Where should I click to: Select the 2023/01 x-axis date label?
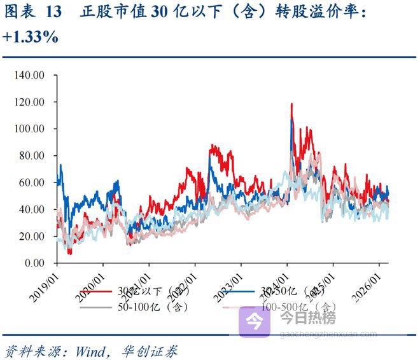coord(228,282)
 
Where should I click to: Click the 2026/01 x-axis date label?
coord(367,282)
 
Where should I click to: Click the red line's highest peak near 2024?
coord(291,104)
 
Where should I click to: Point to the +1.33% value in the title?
coord(31,38)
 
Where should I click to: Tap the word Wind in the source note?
coord(90,350)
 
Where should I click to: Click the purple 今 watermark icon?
coord(255,321)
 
